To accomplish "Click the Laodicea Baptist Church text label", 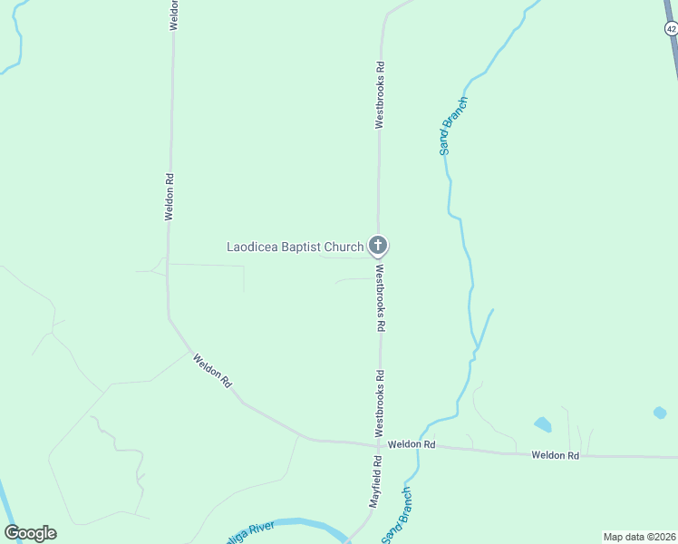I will pyautogui.click(x=295, y=247).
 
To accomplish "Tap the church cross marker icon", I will pyautogui.click(x=378, y=246).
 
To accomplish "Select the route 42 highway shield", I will pyautogui.click(x=671, y=29).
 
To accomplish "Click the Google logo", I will pyautogui.click(x=30, y=533).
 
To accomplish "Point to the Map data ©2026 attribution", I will pyautogui.click(x=639, y=536).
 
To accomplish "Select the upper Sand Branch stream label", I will pyautogui.click(x=453, y=125).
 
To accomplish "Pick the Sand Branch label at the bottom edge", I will pyautogui.click(x=396, y=517).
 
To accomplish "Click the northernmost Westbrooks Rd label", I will pyautogui.click(x=381, y=94).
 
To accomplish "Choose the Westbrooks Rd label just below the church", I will pyautogui.click(x=382, y=297).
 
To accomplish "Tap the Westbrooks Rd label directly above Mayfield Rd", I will pyautogui.click(x=381, y=399).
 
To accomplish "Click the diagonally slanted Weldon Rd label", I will pyautogui.click(x=212, y=372).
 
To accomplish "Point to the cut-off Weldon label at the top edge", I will pyautogui.click(x=173, y=15).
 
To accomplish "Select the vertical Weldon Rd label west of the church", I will pyautogui.click(x=169, y=197).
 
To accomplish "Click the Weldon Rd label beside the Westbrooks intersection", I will pyautogui.click(x=412, y=445).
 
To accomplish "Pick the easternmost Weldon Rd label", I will pyautogui.click(x=555, y=455).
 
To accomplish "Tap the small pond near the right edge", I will pyautogui.click(x=660, y=413).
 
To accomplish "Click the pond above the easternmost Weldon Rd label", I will pyautogui.click(x=543, y=424).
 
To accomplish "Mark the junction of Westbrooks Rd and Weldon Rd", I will pyautogui.click(x=380, y=445).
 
